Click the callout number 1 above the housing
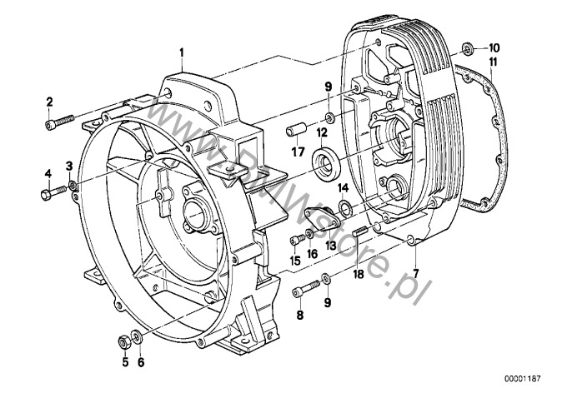pyautogui.click(x=181, y=52)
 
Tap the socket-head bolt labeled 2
pyautogui.click(x=60, y=122)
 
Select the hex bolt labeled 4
pyautogui.click(x=53, y=192)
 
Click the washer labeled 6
pyautogui.click(x=138, y=336)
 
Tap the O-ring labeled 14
pyautogui.click(x=344, y=206)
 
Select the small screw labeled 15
pyautogui.click(x=297, y=240)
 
